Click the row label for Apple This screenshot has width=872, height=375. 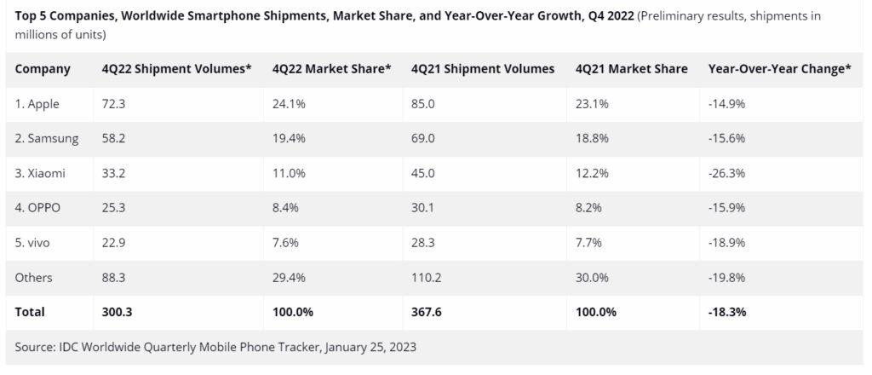[38, 103]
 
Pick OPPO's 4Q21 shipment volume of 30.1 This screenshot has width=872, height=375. [422, 208]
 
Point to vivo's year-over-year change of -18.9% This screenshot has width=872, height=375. [727, 243]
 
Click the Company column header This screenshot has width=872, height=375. [43, 68]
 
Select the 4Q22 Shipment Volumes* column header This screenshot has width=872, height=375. [176, 68]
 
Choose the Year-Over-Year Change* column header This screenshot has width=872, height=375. [779, 68]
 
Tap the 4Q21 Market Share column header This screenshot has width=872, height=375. [631, 68]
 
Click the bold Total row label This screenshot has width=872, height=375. [30, 313]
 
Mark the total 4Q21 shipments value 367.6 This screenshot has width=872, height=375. [426, 313]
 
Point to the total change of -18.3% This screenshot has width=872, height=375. [728, 313]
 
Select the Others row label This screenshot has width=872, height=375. [34, 278]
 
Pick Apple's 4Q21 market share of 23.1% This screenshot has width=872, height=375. [593, 103]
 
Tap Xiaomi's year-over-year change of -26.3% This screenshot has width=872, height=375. [727, 173]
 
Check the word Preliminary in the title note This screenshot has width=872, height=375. [680, 16]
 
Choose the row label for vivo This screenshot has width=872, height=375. [35, 243]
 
